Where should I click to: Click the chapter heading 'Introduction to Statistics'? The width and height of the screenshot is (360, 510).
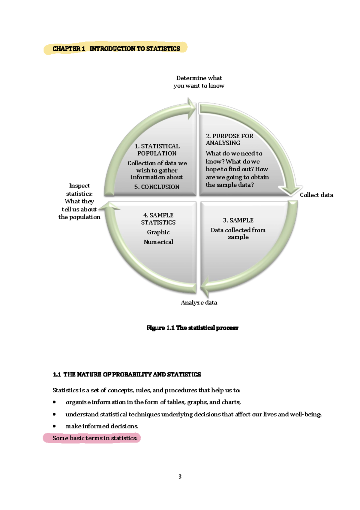point(135,49)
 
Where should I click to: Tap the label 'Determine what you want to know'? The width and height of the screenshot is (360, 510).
point(199,82)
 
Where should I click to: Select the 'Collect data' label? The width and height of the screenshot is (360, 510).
point(316,195)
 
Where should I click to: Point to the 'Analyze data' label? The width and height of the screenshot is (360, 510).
point(199,302)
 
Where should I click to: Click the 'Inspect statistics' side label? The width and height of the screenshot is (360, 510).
point(79,201)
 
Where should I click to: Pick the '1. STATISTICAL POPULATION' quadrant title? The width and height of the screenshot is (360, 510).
point(157,150)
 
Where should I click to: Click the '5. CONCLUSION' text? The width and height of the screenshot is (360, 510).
point(157,187)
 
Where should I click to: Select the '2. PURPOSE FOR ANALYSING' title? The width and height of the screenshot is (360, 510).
point(229,139)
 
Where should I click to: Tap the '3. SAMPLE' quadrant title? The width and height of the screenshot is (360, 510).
point(238,220)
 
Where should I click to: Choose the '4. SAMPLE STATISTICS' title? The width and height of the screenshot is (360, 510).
point(158,219)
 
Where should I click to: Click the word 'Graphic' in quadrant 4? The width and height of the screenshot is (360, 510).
point(158,232)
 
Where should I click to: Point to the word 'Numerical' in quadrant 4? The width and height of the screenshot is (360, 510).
point(158,242)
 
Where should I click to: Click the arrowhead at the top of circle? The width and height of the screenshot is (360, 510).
point(191,108)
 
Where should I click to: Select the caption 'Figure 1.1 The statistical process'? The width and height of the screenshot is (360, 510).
point(192,328)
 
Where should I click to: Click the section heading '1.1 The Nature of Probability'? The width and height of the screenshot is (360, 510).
point(127,374)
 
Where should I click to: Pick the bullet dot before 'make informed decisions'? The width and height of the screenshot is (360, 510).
point(54,426)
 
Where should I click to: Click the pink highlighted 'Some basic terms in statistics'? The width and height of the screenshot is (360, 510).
point(95,438)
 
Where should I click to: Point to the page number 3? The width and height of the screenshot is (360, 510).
point(180,476)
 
